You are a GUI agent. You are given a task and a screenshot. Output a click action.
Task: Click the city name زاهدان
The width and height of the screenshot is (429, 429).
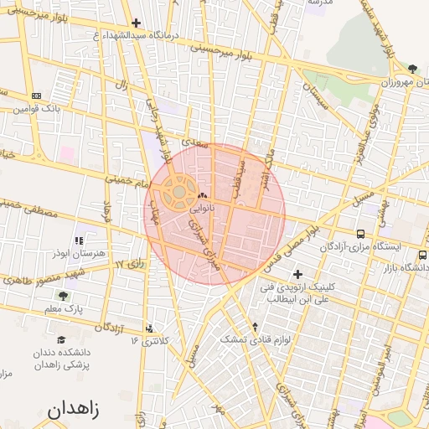(x=73, y=410)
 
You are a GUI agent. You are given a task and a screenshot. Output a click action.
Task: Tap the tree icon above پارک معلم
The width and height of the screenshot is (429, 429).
(x=63, y=296)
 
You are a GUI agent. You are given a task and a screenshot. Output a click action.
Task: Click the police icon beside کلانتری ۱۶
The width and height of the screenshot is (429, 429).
(x=150, y=328)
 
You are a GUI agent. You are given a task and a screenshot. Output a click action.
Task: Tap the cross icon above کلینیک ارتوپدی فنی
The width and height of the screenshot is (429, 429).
(x=297, y=274)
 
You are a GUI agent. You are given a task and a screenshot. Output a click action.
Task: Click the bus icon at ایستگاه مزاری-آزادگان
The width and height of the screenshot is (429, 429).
(x=360, y=235)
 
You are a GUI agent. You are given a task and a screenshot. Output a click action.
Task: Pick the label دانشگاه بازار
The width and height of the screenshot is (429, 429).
(x=403, y=268)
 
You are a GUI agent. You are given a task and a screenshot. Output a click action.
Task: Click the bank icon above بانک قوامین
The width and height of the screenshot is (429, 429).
(x=35, y=96)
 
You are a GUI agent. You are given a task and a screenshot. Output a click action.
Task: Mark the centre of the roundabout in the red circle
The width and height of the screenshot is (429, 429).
(x=178, y=192)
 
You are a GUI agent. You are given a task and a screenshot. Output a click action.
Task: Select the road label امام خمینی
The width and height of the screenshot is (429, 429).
(x=127, y=178)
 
